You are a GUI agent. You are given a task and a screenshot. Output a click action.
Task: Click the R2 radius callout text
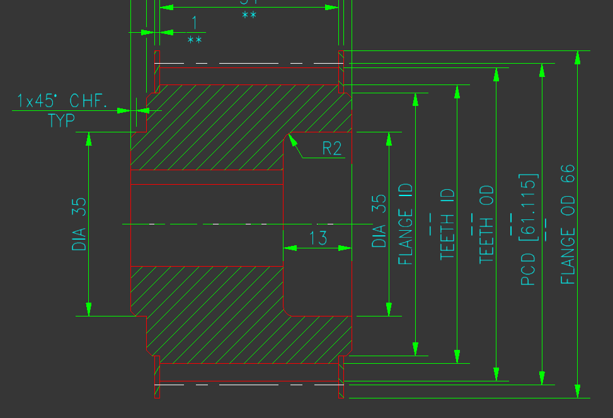[332, 149]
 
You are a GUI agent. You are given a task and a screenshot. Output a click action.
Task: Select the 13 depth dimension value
[319, 238]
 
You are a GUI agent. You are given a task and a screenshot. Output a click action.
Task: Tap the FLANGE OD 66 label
[568, 224]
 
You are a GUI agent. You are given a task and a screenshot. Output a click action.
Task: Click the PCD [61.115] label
[529, 228]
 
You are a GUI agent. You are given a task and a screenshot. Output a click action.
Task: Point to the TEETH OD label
[486, 224]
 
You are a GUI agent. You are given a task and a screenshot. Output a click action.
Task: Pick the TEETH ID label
[447, 224]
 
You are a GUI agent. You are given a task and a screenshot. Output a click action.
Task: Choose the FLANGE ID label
[406, 224]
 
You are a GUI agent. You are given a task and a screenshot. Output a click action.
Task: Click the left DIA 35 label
[79, 224]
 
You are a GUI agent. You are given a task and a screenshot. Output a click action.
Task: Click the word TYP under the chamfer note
[61, 120]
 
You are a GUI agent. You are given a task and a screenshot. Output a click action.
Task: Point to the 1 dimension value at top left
[194, 23]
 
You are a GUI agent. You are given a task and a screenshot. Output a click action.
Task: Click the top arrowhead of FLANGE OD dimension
[577, 57]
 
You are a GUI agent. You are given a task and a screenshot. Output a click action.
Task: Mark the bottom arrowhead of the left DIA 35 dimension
[89, 310]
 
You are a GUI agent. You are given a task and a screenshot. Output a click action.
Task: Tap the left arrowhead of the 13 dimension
[289, 248]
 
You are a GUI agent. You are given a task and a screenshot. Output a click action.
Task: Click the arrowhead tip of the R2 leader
[290, 135]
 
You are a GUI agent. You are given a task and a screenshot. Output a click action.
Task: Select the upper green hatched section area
[214, 126]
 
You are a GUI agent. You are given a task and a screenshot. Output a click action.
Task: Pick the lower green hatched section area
[214, 315]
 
